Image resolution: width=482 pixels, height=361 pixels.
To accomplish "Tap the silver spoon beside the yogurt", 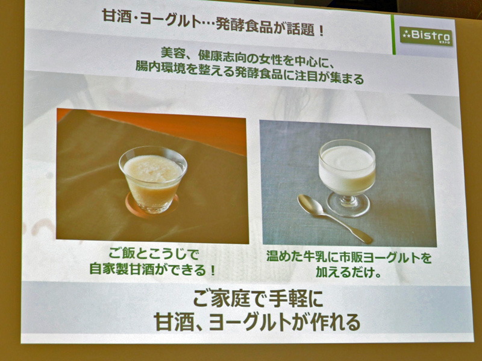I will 334,218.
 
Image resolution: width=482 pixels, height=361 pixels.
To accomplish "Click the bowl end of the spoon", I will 308,205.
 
